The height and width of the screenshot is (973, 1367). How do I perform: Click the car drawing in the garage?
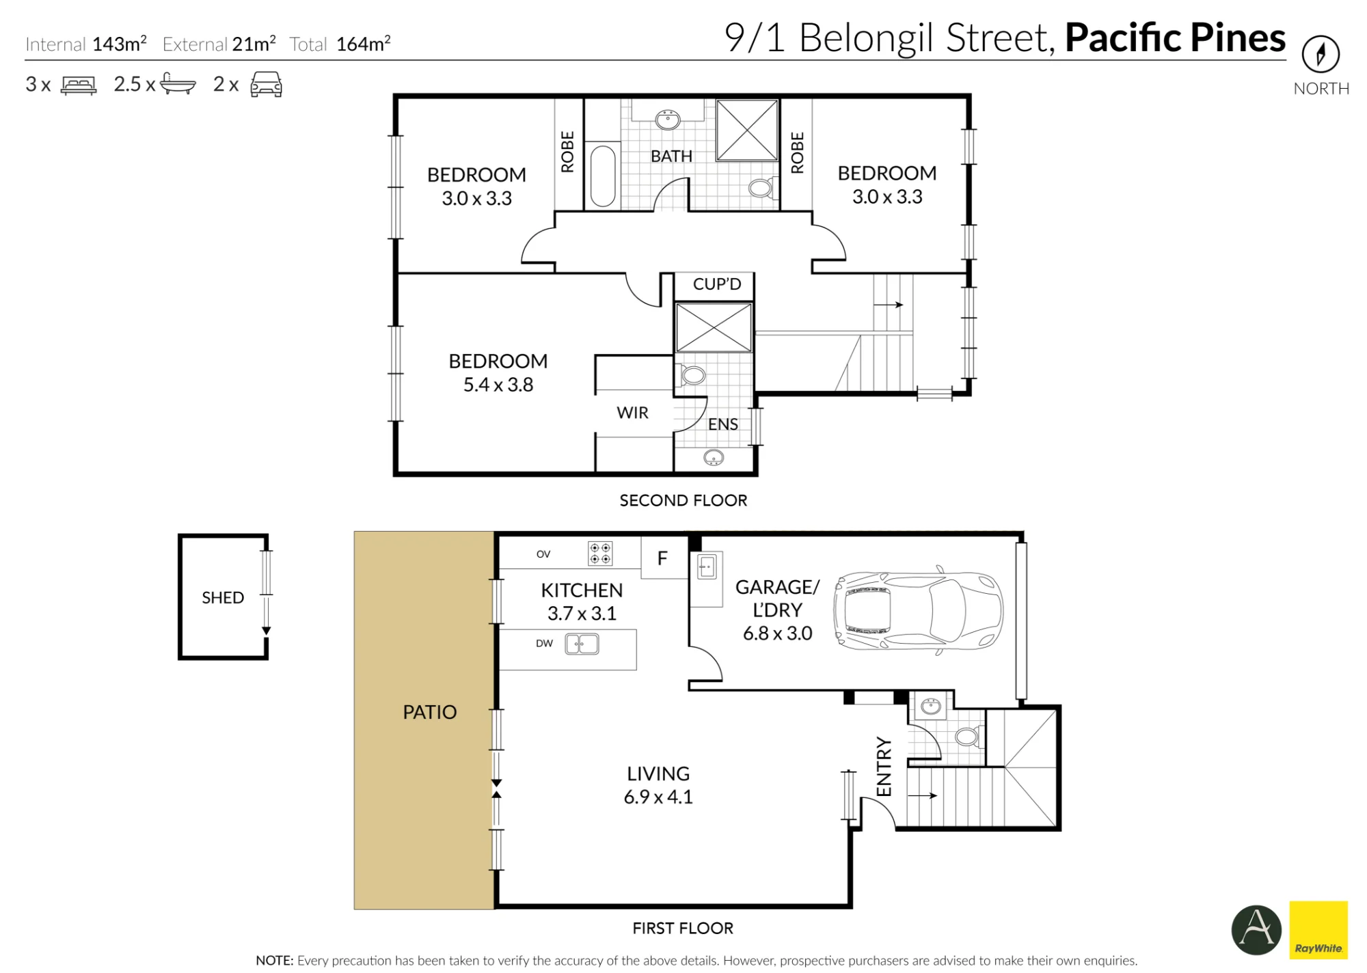click(918, 609)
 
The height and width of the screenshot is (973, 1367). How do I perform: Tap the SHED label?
click(223, 598)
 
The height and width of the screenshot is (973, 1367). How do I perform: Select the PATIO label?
click(429, 712)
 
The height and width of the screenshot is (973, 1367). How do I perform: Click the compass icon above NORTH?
click(1321, 54)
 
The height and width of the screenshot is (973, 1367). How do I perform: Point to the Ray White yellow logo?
click(1318, 930)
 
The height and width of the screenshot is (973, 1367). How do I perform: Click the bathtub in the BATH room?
click(603, 176)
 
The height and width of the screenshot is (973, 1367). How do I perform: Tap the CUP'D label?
click(717, 284)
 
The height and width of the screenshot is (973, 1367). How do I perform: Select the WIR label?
click(632, 413)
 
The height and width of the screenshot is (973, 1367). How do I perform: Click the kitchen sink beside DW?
click(582, 644)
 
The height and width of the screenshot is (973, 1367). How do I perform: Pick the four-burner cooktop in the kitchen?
click(600, 553)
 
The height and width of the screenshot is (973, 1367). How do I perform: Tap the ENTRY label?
click(884, 767)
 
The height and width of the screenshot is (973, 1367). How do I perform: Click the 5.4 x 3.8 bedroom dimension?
click(498, 385)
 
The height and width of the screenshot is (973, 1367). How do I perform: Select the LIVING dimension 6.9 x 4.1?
click(658, 797)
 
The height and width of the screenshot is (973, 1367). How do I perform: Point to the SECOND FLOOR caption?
click(683, 501)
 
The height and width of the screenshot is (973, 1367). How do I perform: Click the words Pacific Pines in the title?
click(1175, 38)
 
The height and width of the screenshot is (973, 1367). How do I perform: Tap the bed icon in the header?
click(79, 85)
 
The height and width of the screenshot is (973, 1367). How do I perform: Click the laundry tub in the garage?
click(706, 567)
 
